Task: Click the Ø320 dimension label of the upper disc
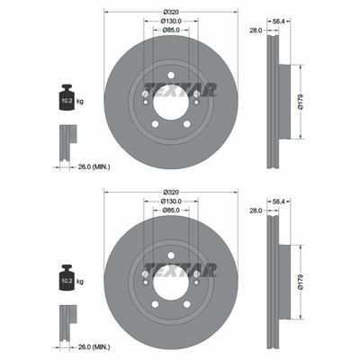[171, 13]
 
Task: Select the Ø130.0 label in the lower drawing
[171, 201]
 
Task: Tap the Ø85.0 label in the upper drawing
[171, 30]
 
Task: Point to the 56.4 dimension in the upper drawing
[278, 22]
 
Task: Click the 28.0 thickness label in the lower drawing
[256, 211]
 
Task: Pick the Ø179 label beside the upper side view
[301, 102]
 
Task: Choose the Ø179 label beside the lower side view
[301, 282]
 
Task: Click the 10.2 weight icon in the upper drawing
[67, 97]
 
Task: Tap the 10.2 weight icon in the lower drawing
[67, 278]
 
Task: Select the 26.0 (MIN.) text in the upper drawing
[94, 167]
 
